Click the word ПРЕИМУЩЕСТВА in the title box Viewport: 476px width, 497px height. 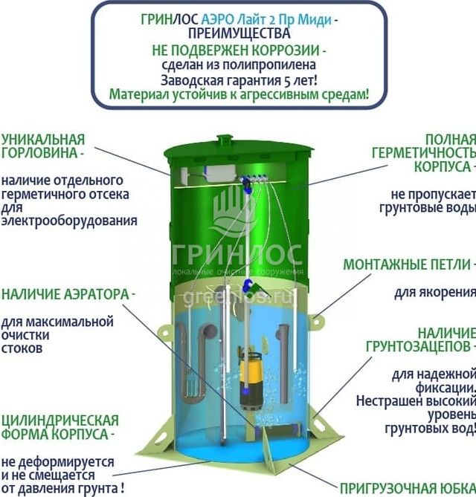click(238, 33)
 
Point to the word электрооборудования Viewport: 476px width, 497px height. click(69, 221)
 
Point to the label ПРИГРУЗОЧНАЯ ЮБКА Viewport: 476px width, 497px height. click(407, 488)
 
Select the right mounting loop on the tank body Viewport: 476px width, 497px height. click(318, 321)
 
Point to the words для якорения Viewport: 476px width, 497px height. click(434, 292)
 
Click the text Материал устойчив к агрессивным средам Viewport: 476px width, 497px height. click(238, 95)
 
